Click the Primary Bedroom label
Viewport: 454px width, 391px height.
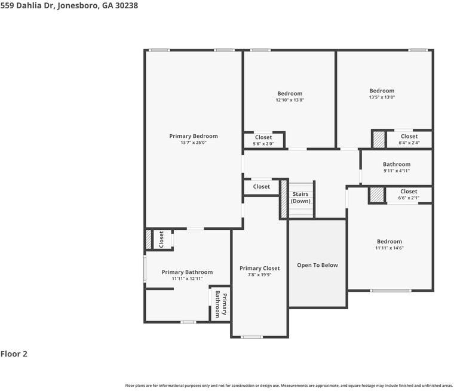point(193,136)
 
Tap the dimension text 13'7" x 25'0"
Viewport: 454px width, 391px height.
point(193,143)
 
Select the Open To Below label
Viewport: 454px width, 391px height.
point(317,265)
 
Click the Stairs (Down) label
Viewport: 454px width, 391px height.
point(300,198)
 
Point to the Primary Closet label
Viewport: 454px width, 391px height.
point(259,269)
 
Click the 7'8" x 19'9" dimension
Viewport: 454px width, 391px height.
point(259,275)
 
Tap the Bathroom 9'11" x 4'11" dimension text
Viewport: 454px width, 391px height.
point(397,171)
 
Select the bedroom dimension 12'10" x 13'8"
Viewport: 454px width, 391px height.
point(290,100)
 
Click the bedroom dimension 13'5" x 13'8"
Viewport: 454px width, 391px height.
point(382,97)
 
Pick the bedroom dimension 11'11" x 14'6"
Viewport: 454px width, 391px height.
point(389,248)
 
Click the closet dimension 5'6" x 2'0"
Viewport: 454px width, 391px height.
point(263,144)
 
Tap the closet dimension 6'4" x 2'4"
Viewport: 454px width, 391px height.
point(409,143)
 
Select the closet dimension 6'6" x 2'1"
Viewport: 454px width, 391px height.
point(409,198)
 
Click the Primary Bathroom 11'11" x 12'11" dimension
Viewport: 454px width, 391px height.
point(187,279)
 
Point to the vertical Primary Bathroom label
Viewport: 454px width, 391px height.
point(221,304)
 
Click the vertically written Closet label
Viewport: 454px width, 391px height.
point(161,239)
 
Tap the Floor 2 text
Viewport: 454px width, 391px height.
point(14,354)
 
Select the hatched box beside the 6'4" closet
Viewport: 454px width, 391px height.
point(378,140)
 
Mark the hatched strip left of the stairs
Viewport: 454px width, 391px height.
point(284,199)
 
